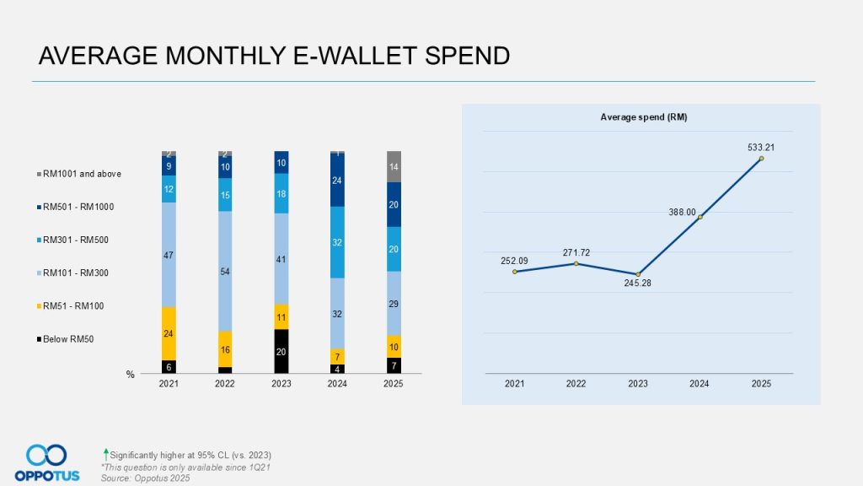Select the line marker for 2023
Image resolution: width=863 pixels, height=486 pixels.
point(638,274)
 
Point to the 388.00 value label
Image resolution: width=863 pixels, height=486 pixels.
point(683,212)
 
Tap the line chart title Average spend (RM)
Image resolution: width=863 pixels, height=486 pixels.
point(640,116)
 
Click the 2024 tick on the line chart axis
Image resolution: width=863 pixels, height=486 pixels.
point(700,383)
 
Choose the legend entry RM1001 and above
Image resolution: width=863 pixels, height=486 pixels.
point(82,174)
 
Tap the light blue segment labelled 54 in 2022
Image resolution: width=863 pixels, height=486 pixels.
point(225,271)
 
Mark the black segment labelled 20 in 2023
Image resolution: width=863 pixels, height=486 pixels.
point(281,351)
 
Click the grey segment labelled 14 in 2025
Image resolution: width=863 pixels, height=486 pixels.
point(394,166)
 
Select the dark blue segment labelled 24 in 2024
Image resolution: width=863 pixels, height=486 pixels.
point(337,181)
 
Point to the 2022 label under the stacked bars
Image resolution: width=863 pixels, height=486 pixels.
point(225,383)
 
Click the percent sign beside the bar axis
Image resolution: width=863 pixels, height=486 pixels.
point(131,375)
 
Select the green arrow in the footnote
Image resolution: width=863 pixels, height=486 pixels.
point(105,455)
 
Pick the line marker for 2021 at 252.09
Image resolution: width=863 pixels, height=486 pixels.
point(514,272)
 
